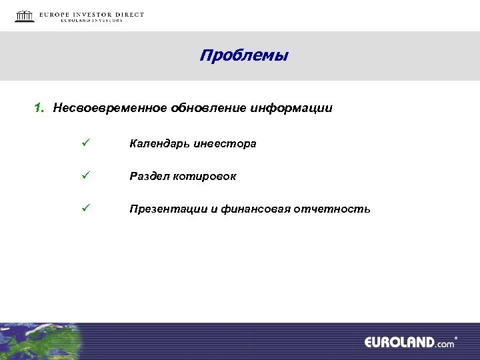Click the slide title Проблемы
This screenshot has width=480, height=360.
point(243,55)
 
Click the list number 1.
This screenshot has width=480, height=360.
point(39,108)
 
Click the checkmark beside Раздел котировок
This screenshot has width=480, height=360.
point(85,176)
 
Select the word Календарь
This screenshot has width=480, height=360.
point(159,143)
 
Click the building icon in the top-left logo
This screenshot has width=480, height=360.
point(25,16)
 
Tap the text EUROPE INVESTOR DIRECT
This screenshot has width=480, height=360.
point(91,14)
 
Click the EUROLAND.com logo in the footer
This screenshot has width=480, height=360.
point(409,342)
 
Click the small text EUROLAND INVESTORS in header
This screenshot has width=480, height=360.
point(91,21)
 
